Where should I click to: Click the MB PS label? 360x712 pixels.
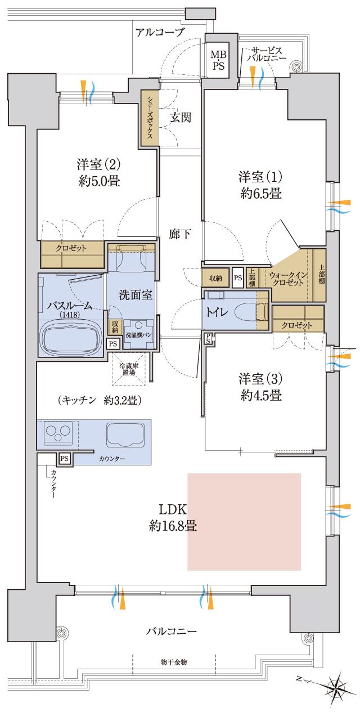[217, 60]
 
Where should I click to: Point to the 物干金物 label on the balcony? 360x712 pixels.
[174, 662]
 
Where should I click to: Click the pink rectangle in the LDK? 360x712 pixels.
[244, 522]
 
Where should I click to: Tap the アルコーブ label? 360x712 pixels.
[160, 32]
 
